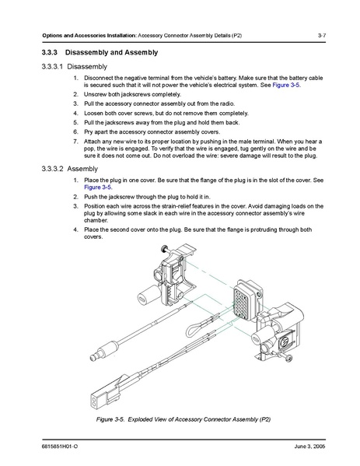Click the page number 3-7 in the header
(322, 35)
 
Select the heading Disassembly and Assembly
(111, 53)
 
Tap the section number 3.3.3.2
(53, 169)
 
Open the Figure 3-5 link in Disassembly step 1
(286, 85)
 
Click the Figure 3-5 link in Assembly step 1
(98, 187)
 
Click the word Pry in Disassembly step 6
(88, 132)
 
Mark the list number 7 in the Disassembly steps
(75, 142)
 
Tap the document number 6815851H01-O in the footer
(60, 446)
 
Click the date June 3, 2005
(309, 446)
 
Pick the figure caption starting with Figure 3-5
(183, 419)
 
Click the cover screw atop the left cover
(164, 249)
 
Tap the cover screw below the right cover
(287, 358)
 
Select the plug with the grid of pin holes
(247, 300)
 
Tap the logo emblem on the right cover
(286, 341)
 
